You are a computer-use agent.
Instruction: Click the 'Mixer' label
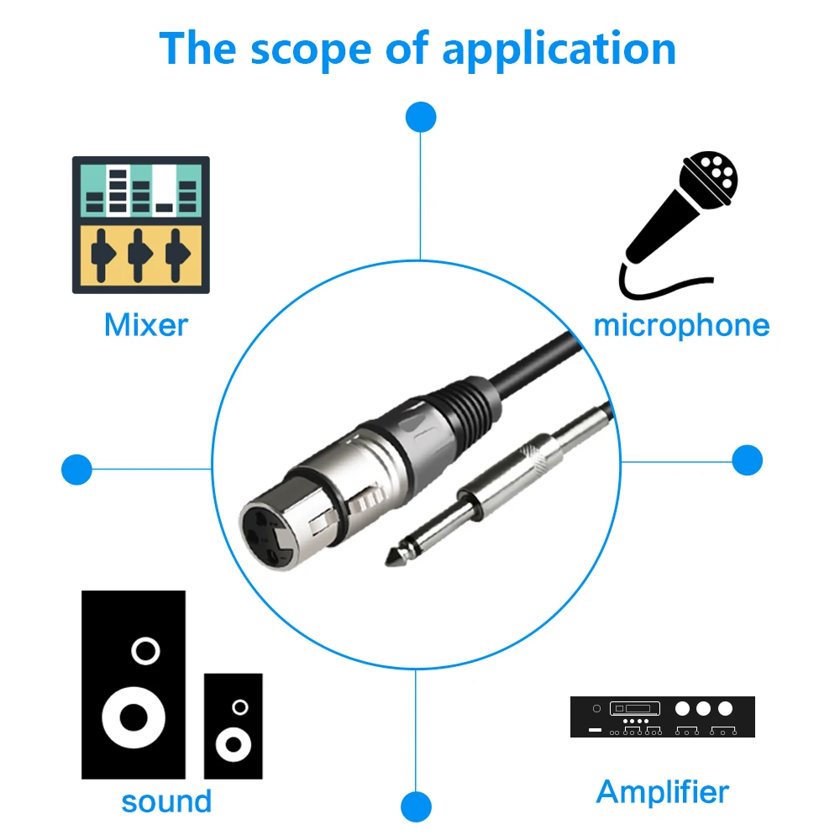[146, 324]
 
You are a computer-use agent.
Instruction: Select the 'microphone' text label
[681, 326]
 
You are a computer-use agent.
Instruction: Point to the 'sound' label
[166, 801]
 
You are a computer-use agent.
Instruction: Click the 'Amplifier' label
[663, 792]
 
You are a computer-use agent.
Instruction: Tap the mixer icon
[141, 225]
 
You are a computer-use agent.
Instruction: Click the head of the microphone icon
[709, 180]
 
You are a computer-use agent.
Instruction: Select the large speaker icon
[134, 685]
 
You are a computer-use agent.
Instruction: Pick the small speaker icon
[233, 726]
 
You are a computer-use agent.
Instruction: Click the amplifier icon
[663, 717]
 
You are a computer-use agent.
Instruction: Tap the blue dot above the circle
[421, 117]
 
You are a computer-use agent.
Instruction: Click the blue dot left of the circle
[76, 470]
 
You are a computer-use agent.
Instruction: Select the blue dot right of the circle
[748, 460]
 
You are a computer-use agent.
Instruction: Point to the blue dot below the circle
[417, 806]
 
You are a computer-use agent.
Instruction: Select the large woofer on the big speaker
[134, 717]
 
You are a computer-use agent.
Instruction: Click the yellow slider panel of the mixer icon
[141, 255]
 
